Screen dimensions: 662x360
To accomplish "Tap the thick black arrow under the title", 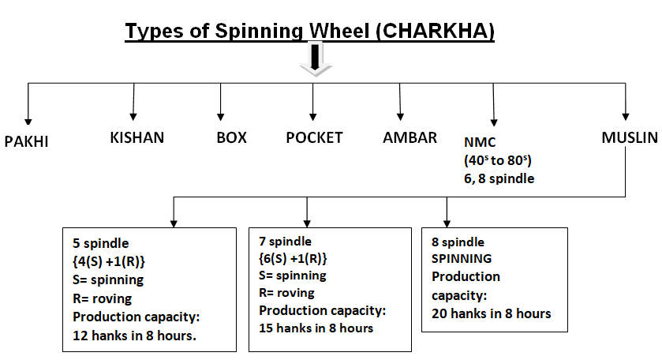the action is tap(315, 58).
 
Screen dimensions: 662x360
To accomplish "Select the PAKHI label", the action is tap(26, 141).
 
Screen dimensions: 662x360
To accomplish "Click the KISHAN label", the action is tap(137, 137).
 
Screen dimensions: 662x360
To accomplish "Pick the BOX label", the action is tap(231, 137).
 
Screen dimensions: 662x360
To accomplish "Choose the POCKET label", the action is tap(315, 137).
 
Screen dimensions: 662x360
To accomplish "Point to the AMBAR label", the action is tap(410, 137).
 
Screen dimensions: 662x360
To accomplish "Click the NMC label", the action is tap(480, 142).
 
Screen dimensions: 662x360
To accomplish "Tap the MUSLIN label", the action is tap(630, 137).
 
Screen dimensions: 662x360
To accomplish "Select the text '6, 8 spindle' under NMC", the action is tap(499, 178).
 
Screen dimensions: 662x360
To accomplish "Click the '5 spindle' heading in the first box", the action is tap(100, 244).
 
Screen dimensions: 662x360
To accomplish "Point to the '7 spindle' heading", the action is tap(285, 242).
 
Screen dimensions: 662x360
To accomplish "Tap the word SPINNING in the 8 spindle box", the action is tap(462, 259).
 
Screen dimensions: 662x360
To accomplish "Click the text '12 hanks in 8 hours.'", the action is tap(134, 336).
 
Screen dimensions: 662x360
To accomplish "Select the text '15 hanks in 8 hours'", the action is tap(316, 328).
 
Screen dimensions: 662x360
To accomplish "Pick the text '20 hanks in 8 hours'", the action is tap(491, 314).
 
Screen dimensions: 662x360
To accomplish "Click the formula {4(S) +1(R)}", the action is tap(109, 262).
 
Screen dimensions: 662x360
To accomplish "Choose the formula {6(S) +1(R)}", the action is tap(293, 259).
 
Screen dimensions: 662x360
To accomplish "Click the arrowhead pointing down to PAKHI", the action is tap(28, 122).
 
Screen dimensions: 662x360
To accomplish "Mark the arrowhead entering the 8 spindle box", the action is tap(447, 224).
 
